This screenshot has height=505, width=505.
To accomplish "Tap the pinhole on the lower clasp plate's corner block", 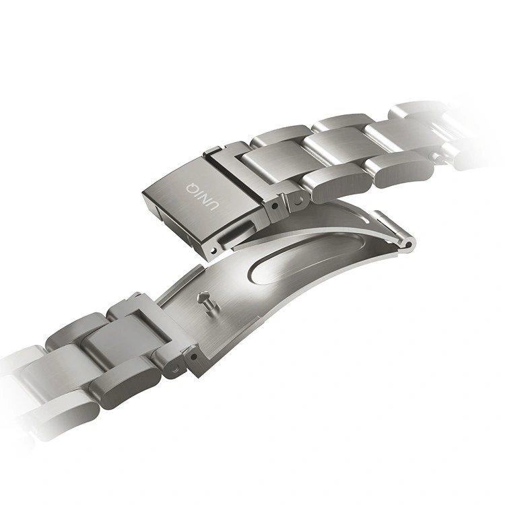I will coord(194,352).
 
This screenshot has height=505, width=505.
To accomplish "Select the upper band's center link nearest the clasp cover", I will coord(266,165).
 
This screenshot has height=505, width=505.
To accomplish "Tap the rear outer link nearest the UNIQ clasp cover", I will coord(277,138).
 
